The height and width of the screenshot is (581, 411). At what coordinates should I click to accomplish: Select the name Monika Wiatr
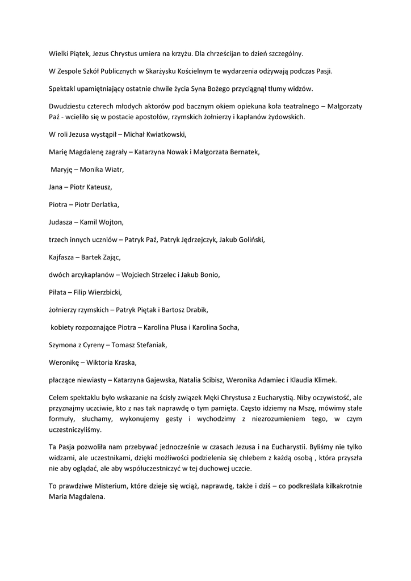click(x=102, y=169)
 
